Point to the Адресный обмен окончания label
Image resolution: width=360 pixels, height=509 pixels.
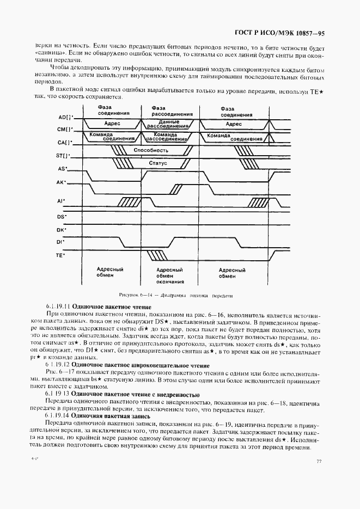[x=169, y=276]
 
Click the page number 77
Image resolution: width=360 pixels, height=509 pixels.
[x=319, y=462]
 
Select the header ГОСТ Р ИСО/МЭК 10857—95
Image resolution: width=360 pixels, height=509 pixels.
[x=280, y=33]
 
